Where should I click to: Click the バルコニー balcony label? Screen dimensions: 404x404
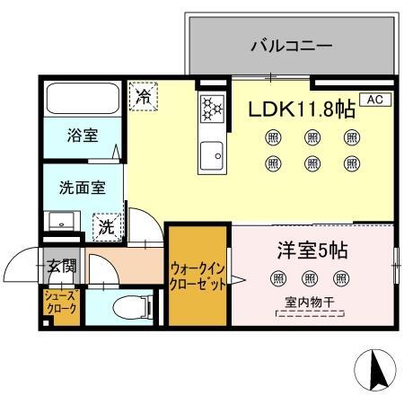coord(291,44)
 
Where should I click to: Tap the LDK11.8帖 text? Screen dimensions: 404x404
coord(302,109)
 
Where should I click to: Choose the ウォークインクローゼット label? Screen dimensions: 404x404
coord(197,273)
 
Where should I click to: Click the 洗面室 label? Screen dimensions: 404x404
coord(81,189)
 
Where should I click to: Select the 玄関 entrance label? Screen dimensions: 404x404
coord(62,267)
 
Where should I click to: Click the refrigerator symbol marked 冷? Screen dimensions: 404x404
coord(142,96)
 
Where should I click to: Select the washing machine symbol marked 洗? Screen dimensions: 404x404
coord(107,226)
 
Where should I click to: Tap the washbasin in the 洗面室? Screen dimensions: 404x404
coord(62,220)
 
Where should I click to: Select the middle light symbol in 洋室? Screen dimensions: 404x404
coord(310,278)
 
